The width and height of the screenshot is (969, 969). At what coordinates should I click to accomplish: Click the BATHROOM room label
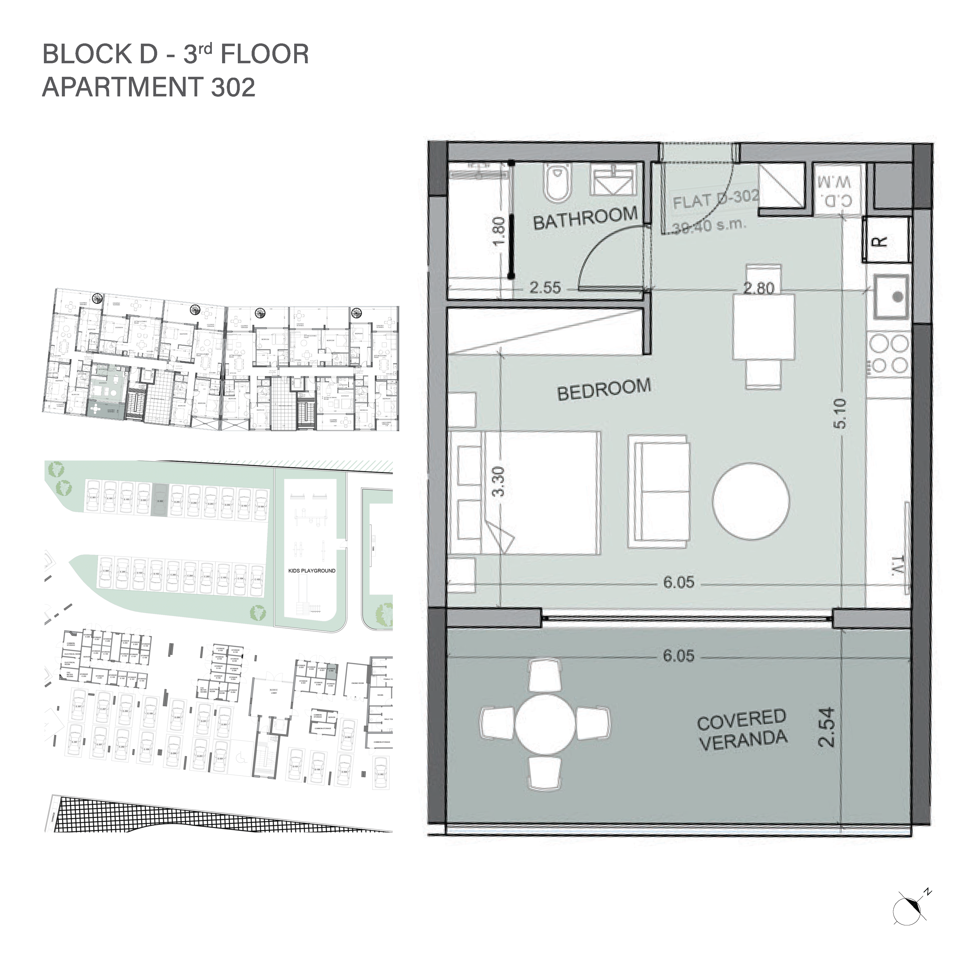pyautogui.click(x=585, y=219)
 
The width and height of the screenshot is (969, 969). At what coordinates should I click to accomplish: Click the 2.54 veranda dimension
pyautogui.click(x=826, y=727)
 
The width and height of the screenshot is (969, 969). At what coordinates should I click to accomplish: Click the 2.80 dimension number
pyautogui.click(x=759, y=288)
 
